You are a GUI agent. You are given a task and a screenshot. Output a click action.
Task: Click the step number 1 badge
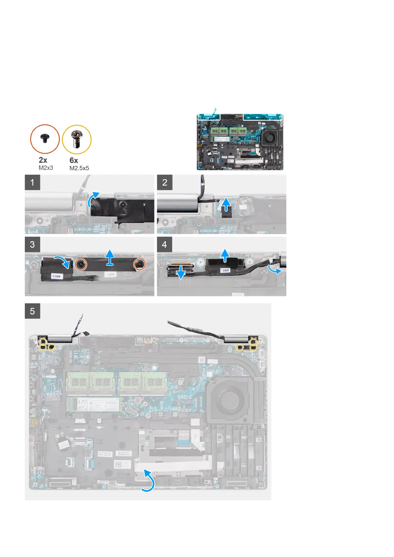coord(32,182)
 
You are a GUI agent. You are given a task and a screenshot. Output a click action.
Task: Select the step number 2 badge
coord(164,182)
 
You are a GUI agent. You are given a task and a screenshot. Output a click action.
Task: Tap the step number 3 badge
coord(32,244)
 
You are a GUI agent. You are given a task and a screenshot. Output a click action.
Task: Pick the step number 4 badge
coord(164,244)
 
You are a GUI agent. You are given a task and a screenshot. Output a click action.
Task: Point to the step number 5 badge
coord(32,311)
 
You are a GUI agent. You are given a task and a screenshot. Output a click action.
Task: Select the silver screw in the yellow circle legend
coord(77,140)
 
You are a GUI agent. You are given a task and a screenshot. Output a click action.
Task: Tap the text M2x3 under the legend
coord(46,168)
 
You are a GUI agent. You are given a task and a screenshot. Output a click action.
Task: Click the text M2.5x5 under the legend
coord(79,168)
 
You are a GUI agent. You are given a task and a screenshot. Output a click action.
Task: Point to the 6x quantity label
coord(74,160)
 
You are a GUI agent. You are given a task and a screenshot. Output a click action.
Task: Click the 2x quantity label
coord(43,160)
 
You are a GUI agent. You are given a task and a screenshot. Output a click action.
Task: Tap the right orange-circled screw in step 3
coord(139,264)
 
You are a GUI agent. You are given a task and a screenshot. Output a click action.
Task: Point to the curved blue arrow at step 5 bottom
coord(149,483)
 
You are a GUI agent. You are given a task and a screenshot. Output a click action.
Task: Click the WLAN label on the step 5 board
coord(80,357)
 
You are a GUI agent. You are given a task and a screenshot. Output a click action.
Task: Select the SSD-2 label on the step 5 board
coord(185,397)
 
